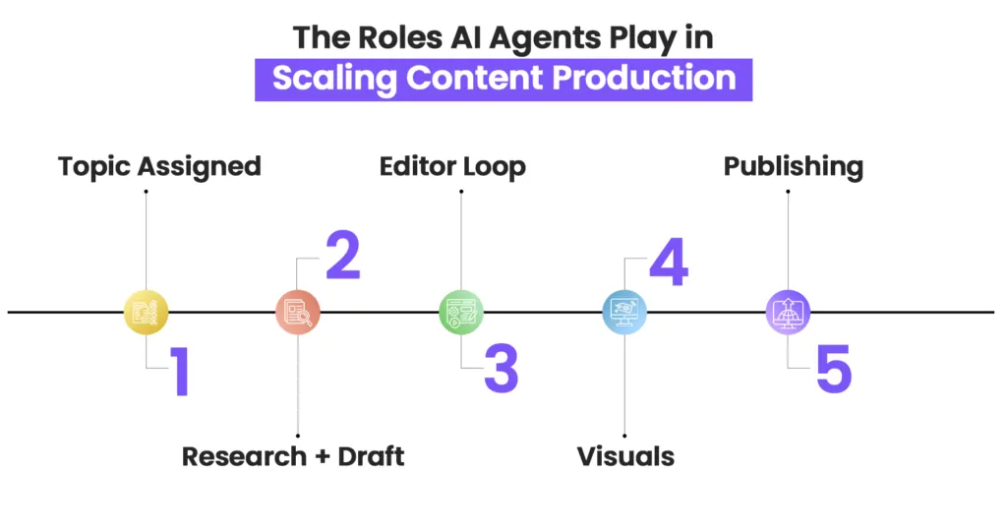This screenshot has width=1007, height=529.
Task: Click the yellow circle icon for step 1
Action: click(146, 313)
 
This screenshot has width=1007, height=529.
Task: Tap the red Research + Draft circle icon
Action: click(297, 313)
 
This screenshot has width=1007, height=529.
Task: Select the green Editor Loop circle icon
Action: click(461, 313)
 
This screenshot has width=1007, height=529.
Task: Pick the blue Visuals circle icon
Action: click(624, 313)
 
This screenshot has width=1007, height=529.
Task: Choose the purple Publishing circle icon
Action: click(788, 313)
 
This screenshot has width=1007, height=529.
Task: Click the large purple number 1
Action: click(181, 371)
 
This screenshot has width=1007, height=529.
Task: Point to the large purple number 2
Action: click(343, 255)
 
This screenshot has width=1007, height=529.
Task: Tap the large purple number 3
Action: click(501, 369)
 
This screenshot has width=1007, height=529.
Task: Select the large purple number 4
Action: click(669, 262)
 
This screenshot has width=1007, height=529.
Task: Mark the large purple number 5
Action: click(834, 369)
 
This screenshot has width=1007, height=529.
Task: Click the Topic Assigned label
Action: click(160, 167)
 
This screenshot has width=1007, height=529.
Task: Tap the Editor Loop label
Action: click(452, 167)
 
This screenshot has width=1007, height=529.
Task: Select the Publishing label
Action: click(794, 167)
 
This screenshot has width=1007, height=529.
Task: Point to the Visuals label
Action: click(625, 457)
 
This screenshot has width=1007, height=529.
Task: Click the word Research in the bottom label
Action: click(244, 457)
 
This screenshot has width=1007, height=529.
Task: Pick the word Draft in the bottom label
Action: click(371, 457)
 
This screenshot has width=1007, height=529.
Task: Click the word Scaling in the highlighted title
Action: click(334, 79)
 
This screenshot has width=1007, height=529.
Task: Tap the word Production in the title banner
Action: click(644, 78)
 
